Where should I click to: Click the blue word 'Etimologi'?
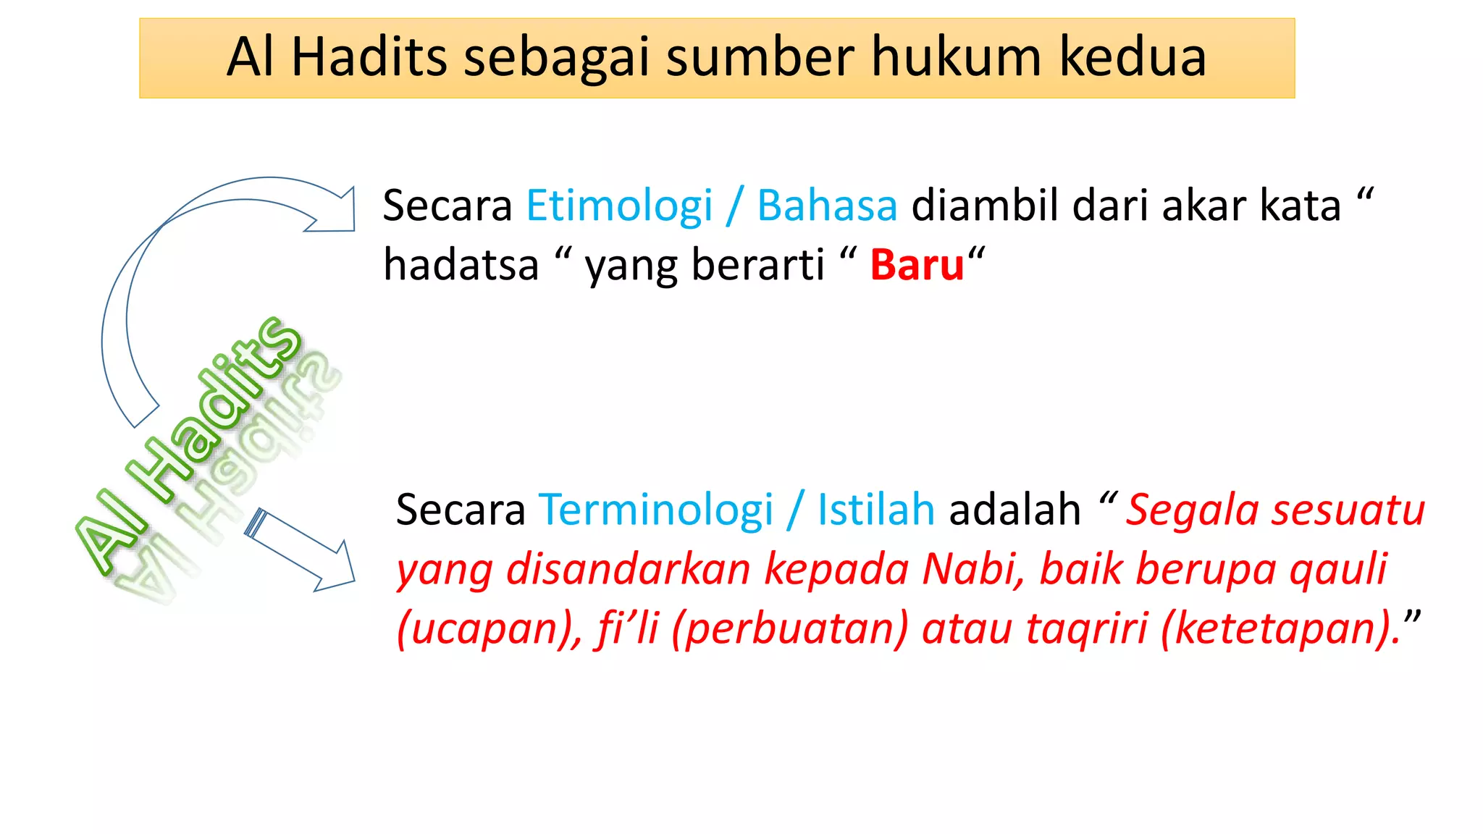click(619, 207)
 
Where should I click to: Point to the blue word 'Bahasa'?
click(827, 206)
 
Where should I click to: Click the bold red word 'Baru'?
click(917, 265)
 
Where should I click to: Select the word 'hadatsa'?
click(461, 265)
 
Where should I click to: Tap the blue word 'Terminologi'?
click(656, 510)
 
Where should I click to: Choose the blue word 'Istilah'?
click(876, 510)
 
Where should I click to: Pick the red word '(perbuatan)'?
click(789, 628)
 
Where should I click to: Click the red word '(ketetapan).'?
click(1280, 628)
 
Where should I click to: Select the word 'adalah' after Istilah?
click(1014, 510)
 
